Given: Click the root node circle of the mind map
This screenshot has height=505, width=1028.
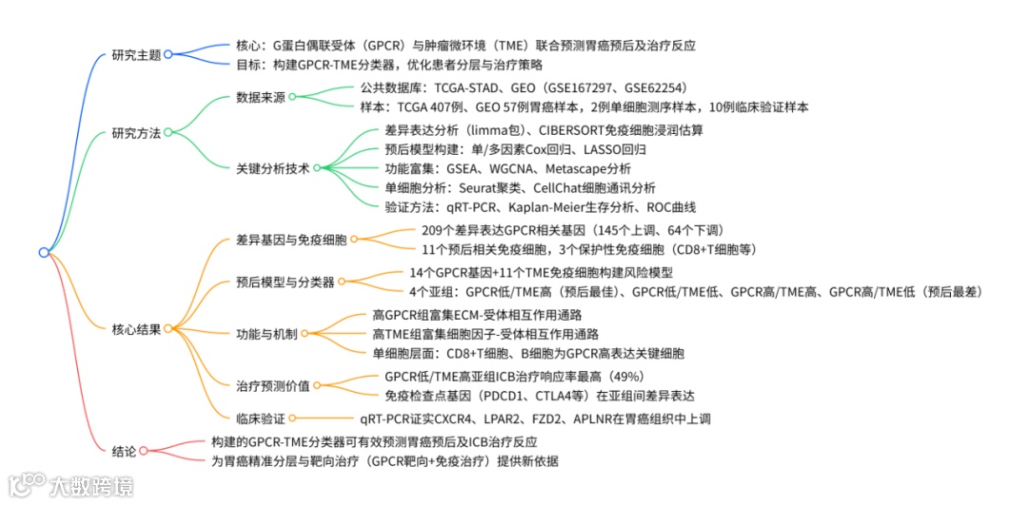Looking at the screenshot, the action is [x=44, y=252].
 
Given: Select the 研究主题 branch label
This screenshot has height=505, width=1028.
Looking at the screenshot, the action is [x=136, y=54].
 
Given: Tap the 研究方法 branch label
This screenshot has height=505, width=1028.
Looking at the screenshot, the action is [x=136, y=132].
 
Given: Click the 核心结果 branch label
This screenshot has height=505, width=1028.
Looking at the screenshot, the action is [x=136, y=328].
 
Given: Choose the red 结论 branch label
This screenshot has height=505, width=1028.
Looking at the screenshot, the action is [x=124, y=451].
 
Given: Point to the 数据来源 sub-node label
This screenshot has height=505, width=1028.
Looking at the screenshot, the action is [x=261, y=97].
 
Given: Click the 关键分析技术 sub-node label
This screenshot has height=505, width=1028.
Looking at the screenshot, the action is [x=273, y=167].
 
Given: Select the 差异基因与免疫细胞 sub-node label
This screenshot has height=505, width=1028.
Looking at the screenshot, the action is [x=292, y=240].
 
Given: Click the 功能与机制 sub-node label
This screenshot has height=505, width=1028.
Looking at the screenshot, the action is [x=267, y=334].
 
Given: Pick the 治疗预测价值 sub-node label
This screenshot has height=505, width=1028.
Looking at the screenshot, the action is [x=273, y=386].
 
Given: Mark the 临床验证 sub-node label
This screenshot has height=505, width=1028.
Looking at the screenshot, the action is [x=261, y=418].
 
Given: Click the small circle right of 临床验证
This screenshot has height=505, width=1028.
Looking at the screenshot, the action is [x=293, y=418].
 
